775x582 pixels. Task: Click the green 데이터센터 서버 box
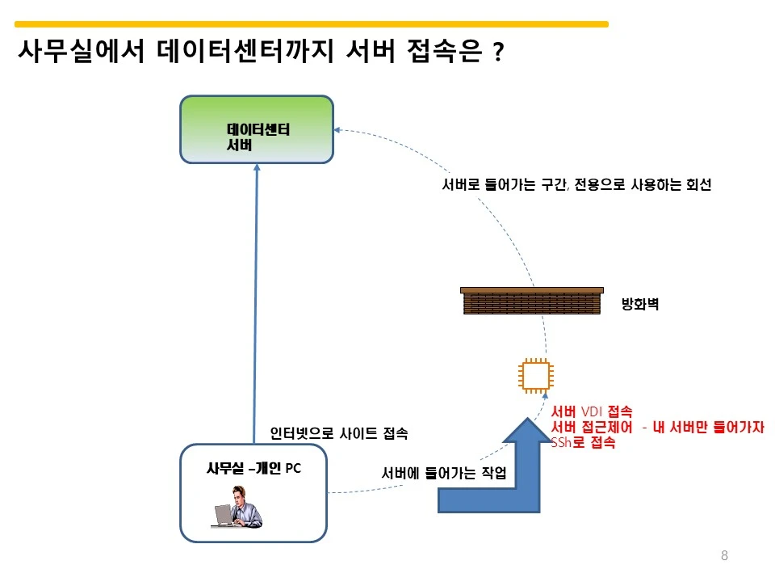click(257, 129)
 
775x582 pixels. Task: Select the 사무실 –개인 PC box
click(253, 493)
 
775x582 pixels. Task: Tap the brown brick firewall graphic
click(532, 301)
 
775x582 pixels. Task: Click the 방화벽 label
click(640, 303)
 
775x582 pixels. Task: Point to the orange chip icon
click(536, 376)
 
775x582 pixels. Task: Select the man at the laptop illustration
click(238, 507)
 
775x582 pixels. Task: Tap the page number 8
click(724, 555)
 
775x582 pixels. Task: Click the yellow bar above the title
click(312, 23)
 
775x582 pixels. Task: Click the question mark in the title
click(498, 52)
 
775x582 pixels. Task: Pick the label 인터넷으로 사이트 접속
click(339, 433)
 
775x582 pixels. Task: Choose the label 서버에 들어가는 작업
click(444, 473)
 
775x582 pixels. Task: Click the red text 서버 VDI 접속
click(592, 411)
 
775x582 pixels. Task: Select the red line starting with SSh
click(583, 442)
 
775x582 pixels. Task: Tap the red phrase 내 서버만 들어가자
click(708, 427)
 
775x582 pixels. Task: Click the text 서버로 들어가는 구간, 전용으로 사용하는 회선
click(576, 184)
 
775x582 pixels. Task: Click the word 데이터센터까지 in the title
click(245, 51)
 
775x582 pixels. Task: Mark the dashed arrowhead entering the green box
click(337, 129)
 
